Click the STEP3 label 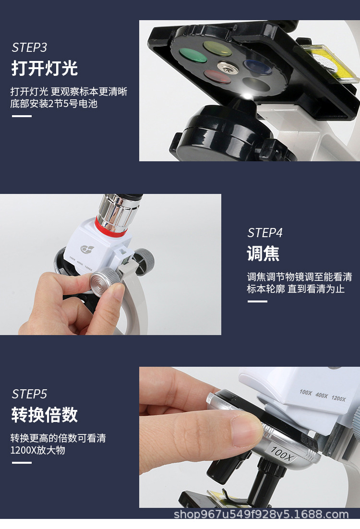pyautogui.click(x=29, y=48)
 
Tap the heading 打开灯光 pyautogui.click(x=44, y=68)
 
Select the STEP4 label pyautogui.click(x=265, y=233)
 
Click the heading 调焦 pyautogui.click(x=263, y=253)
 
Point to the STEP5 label pyautogui.click(x=29, y=394)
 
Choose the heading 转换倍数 pyautogui.click(x=44, y=415)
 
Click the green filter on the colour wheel pyautogui.click(x=193, y=55)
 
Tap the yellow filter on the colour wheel pyautogui.click(x=217, y=48)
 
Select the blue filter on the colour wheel pyautogui.click(x=258, y=67)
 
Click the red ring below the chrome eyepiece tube pyautogui.click(x=111, y=227)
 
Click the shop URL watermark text pyautogui.click(x=261, y=515)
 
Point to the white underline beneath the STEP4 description pyautogui.click(x=257, y=301)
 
